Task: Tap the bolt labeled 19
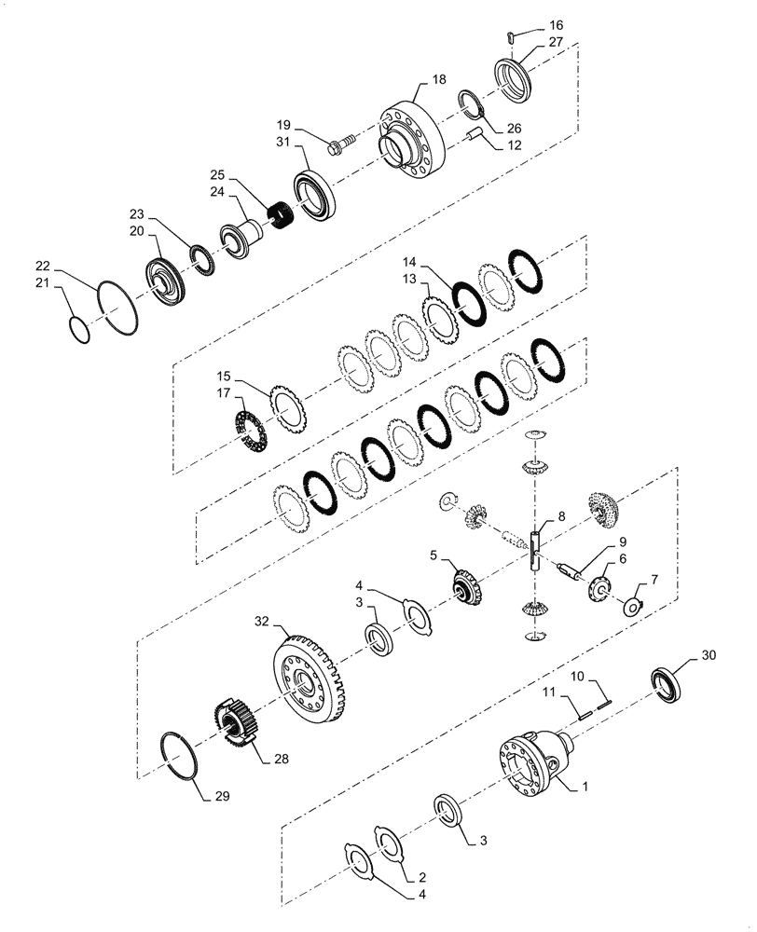pos(342,144)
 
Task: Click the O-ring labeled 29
pos(178,754)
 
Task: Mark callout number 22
pos(44,265)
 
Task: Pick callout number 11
pos(552,692)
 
